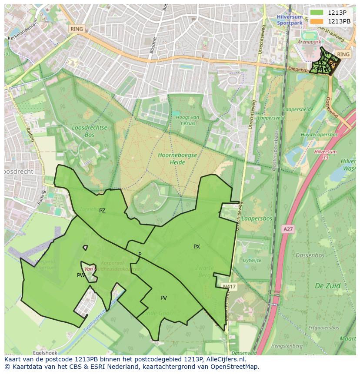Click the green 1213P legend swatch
coord(317,13)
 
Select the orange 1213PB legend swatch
coord(317,21)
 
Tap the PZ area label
coord(102,211)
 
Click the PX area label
coord(197,247)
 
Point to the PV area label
coord(163,298)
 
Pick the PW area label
coord(81,275)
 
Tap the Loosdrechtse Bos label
coord(90,132)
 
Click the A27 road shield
coord(288,229)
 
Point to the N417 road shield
coord(229,287)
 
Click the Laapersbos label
coord(257,218)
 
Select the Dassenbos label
coord(310,255)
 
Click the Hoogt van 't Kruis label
coord(187,120)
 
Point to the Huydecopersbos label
coord(320,135)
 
